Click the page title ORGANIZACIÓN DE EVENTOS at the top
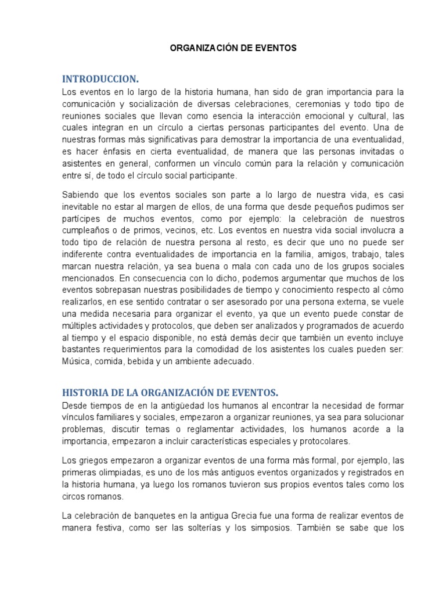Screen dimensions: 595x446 coord(233,49)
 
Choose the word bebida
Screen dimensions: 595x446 coord(156,361)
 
